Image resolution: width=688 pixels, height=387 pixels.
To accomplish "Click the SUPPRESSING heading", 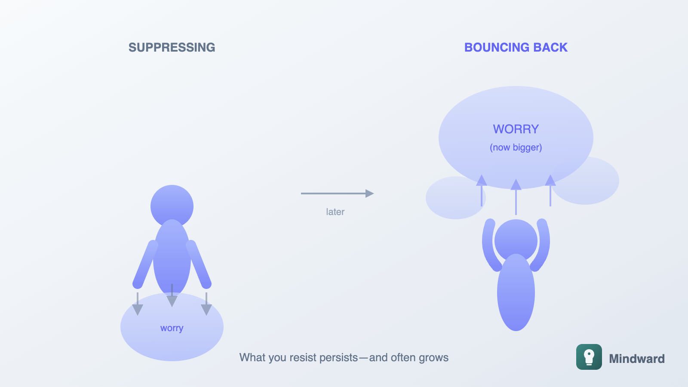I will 172,47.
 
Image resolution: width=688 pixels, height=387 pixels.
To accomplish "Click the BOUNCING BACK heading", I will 516,47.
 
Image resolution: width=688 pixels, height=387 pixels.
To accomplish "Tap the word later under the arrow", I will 335,212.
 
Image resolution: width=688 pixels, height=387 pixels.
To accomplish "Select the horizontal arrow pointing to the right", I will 337,193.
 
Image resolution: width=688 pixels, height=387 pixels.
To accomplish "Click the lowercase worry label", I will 172,328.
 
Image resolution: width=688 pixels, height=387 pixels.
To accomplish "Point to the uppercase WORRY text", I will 516,129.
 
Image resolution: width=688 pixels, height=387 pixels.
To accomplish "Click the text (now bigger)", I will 516,147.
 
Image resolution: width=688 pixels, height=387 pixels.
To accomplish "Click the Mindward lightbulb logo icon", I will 589,357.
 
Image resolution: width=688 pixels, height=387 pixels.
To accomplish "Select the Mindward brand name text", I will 636,359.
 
